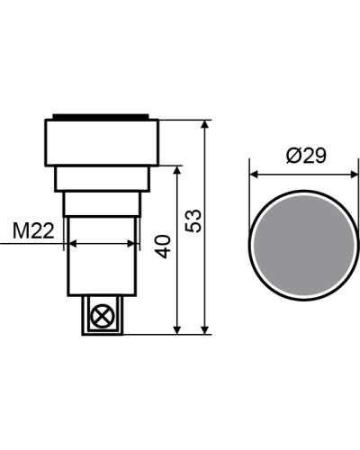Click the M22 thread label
(x=33, y=231)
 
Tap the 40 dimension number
(x=164, y=247)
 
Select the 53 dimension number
(x=193, y=220)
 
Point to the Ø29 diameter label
(x=306, y=156)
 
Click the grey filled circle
(x=304, y=245)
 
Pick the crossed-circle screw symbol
(x=103, y=316)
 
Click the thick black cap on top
(x=101, y=117)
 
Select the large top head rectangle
(x=102, y=142)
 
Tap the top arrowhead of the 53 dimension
(x=205, y=124)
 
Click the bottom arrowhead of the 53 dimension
(x=205, y=329)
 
